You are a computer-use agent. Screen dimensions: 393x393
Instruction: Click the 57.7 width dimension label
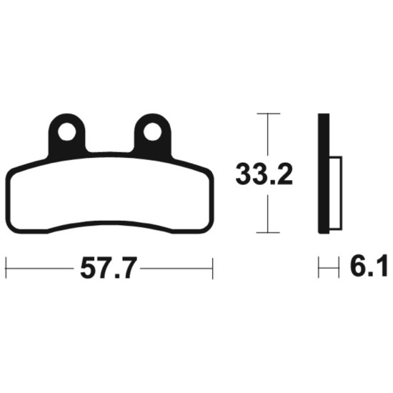click(109, 268)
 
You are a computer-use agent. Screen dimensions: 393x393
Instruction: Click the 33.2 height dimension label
click(264, 174)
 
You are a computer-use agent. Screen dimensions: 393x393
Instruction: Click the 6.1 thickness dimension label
click(368, 266)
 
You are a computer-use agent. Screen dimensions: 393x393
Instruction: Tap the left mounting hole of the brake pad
click(67, 131)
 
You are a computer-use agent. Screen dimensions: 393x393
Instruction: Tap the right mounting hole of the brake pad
click(152, 131)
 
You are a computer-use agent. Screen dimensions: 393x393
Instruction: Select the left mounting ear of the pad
click(67, 135)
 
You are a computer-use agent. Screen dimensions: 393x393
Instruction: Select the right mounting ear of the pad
click(153, 135)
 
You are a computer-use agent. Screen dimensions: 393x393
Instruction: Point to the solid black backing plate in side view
click(324, 174)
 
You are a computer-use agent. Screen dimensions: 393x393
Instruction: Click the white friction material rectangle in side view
click(336, 193)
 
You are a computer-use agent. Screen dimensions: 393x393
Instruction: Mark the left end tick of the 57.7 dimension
click(6, 268)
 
